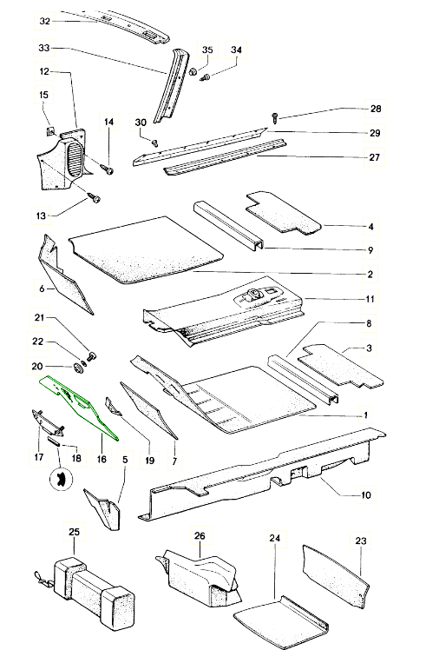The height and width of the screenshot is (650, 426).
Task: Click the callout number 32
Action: pos(45,21)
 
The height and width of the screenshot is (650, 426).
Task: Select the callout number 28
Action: pos(375,109)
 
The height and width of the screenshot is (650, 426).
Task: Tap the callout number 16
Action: pos(102,459)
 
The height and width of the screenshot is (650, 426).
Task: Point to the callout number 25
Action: pos(74,532)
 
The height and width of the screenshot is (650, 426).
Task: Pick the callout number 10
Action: pos(366,495)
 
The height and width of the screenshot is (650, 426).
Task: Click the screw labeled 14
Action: pos(108,169)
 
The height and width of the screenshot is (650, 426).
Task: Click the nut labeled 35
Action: pos(193,72)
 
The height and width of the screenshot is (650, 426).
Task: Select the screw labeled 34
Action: pos(205,77)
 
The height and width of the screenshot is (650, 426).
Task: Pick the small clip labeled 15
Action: pos(49,132)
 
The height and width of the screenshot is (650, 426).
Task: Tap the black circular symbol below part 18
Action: pos(61,479)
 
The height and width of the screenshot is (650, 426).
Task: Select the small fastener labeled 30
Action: pos(154,143)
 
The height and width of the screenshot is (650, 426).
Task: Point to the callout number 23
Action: pos(361,541)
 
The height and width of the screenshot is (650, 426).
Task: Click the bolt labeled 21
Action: pos(91,355)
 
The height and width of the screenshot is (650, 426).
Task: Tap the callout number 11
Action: pos(370,299)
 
